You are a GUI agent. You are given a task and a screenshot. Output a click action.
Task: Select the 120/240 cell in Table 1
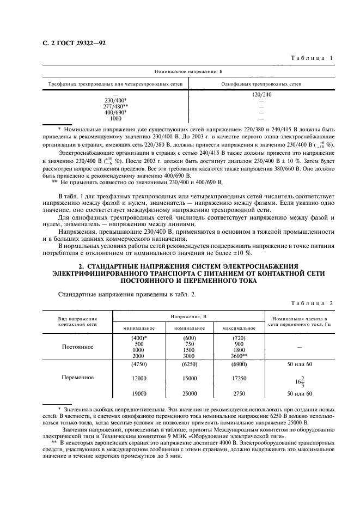tap(261, 95)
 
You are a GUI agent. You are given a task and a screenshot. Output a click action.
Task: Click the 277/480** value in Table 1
tap(115, 107)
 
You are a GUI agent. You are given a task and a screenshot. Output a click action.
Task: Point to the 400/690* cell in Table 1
tap(115, 113)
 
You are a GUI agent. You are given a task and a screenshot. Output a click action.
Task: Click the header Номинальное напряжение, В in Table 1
tap(189, 71)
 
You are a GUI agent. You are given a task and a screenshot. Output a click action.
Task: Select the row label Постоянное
tap(77, 347)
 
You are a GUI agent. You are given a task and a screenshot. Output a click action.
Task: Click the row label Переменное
tap(77, 377)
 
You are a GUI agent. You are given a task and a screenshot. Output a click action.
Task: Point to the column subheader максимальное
tap(239, 329)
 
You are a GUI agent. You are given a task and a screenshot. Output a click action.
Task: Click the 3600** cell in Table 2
tap(239, 356)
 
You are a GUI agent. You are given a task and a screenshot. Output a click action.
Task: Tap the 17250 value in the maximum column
tap(239, 378)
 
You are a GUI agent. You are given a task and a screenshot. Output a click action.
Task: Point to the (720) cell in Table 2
tap(239, 338)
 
